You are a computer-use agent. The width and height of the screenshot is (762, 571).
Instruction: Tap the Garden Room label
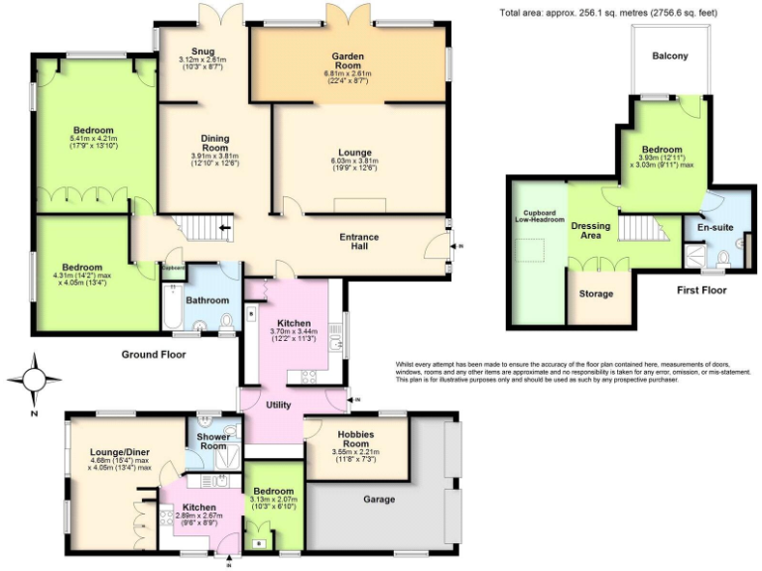(346, 59)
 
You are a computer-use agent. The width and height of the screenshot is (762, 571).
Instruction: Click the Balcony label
(670, 56)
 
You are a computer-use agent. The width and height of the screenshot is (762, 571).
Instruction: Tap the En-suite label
(714, 227)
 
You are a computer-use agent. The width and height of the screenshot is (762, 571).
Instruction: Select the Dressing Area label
(590, 231)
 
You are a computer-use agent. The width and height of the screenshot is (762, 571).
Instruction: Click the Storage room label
(596, 293)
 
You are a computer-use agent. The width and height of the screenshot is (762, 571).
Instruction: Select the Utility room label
(278, 404)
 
